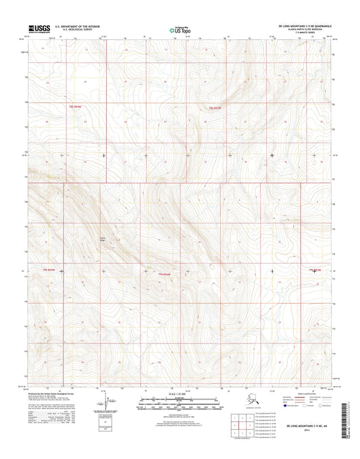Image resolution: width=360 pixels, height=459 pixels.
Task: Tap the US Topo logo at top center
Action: [x=179, y=28]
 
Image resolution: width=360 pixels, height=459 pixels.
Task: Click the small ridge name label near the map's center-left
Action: [x=103, y=238]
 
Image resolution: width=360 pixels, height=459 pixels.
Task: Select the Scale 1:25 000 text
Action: [x=179, y=393]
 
